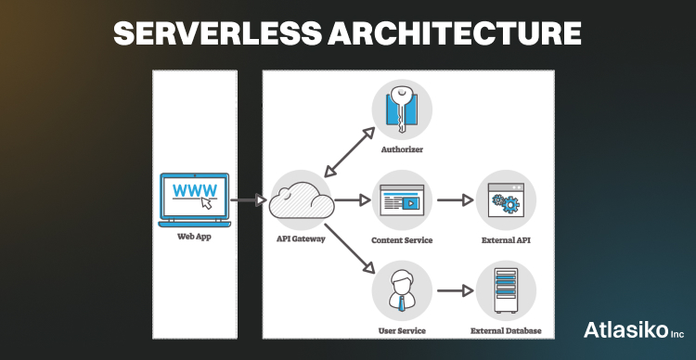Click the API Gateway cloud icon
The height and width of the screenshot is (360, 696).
[x=301, y=199]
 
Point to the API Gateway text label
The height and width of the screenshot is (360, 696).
[x=301, y=239]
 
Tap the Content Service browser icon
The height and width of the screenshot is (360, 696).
[x=402, y=199]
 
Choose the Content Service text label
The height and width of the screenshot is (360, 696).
[x=402, y=239]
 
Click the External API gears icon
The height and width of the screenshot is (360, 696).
[x=506, y=199]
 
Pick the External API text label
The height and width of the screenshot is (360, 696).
[x=506, y=239]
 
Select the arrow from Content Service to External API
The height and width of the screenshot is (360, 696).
[x=454, y=199]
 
